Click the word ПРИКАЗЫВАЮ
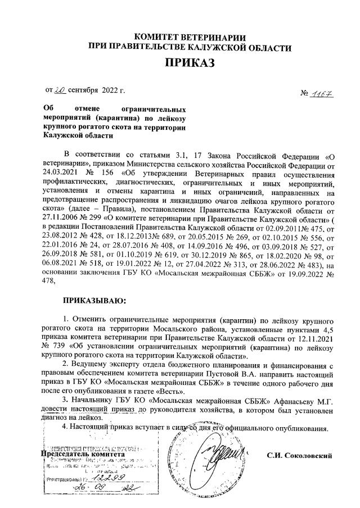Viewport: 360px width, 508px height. (x=94, y=303)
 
